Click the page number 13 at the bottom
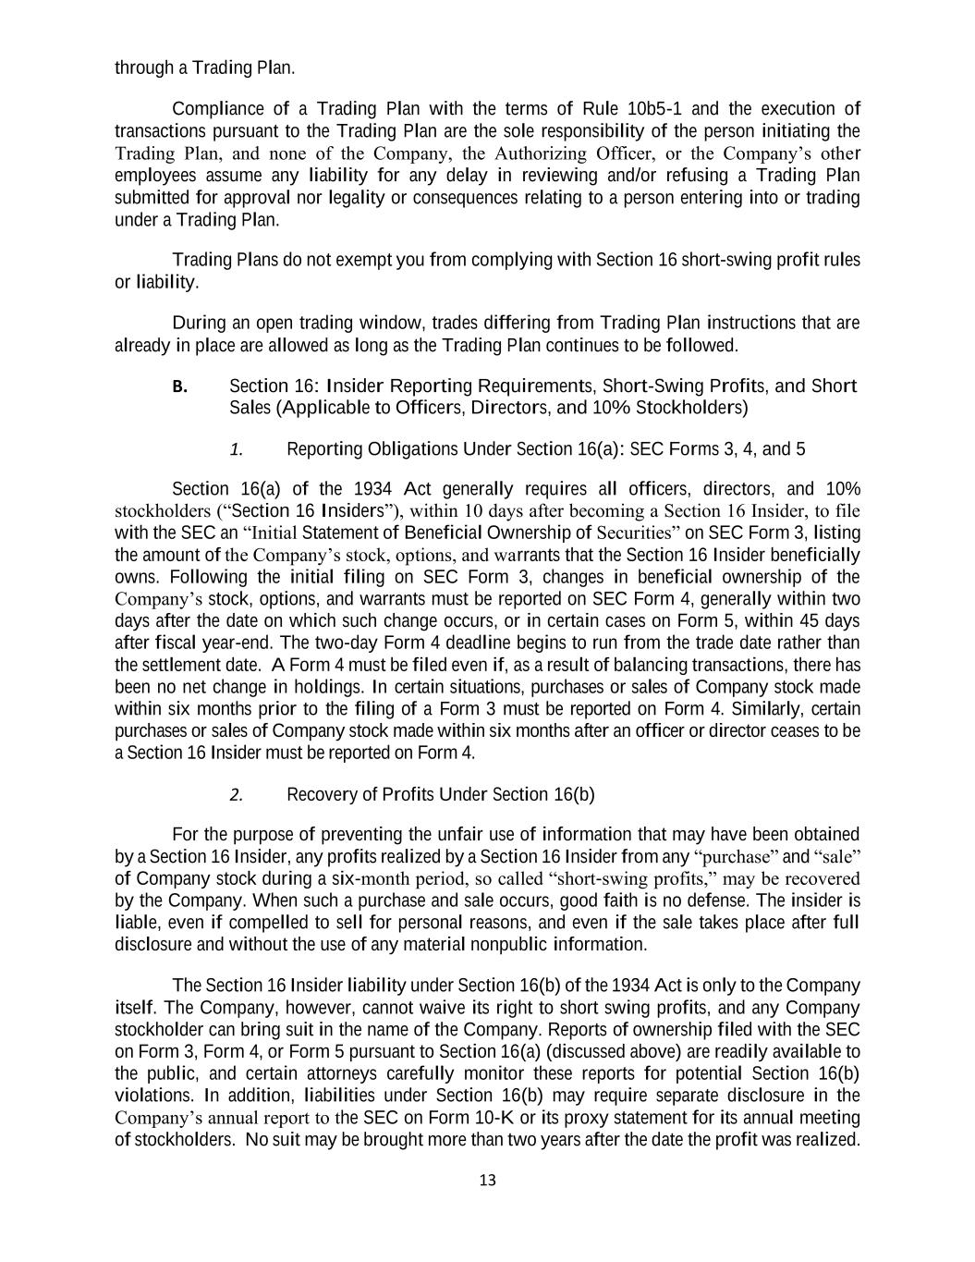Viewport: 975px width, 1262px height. click(488, 1180)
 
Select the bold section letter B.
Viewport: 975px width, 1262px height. click(179, 386)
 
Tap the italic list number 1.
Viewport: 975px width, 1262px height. click(237, 450)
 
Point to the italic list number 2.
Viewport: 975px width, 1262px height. click(237, 795)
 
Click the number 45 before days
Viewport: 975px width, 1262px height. click(816, 621)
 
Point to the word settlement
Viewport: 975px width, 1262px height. click(183, 666)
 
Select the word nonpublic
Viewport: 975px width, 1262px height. click(510, 945)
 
